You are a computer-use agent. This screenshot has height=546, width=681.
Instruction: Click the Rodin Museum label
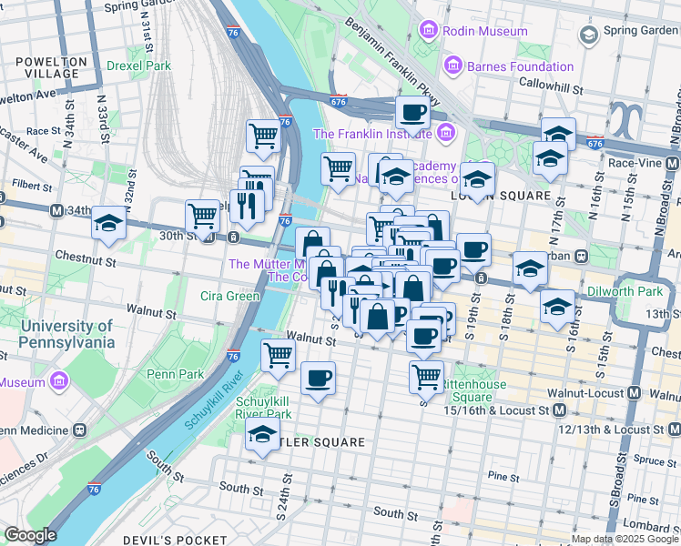coord(484,31)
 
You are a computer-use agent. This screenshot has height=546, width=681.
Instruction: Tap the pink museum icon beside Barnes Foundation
coord(452,66)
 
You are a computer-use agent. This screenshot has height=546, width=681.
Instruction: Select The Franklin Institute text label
coord(371,134)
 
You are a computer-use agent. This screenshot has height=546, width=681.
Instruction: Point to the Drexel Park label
coord(138,66)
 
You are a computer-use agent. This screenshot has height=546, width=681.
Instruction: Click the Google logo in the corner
coord(30,535)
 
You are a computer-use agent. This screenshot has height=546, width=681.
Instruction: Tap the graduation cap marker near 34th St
coord(109,223)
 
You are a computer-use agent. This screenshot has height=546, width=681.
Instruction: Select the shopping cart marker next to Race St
coord(263,136)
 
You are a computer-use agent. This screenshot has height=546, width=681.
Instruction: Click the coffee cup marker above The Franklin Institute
coord(412,114)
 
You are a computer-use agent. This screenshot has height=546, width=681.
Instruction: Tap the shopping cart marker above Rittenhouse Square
coord(425,375)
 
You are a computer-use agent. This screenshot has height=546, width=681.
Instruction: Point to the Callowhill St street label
coord(550,83)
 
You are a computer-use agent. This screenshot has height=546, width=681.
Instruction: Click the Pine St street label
coord(503,475)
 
